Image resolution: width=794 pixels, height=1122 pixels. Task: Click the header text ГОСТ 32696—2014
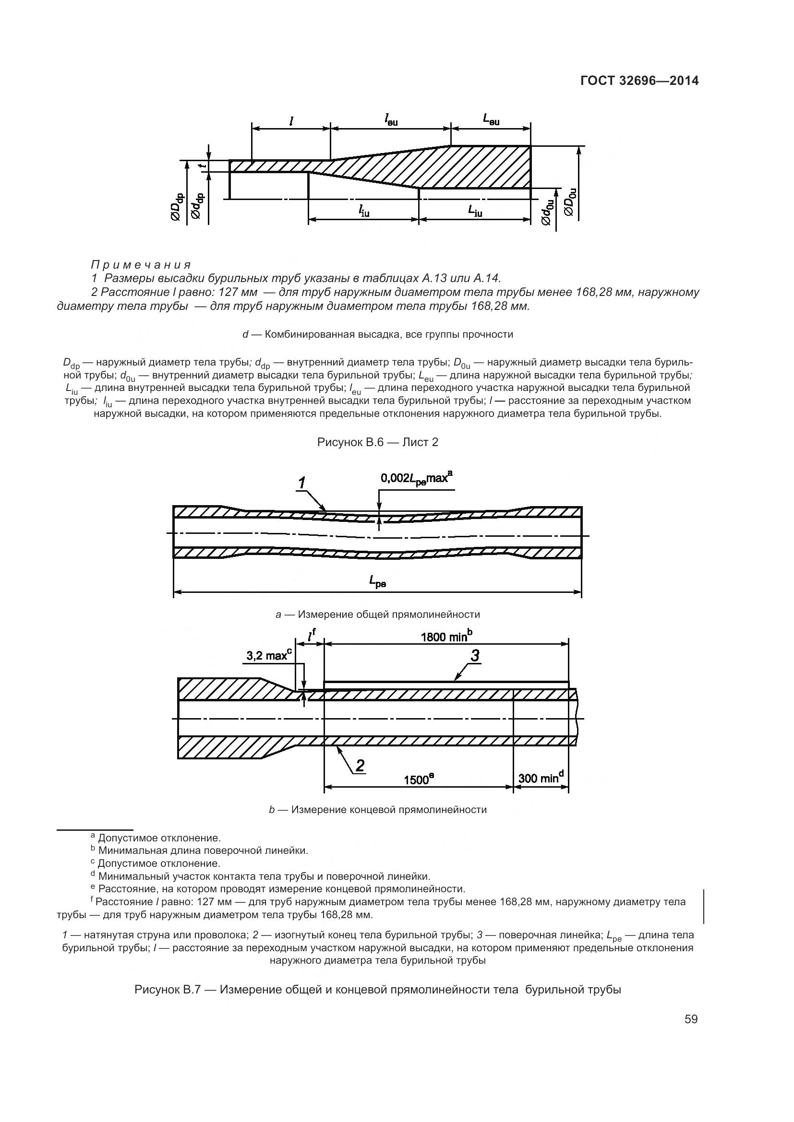[639, 81]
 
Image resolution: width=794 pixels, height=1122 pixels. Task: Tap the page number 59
[691, 1019]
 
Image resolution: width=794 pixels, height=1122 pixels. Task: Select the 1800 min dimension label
[446, 637]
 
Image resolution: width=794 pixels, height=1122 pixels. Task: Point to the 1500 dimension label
[419, 779]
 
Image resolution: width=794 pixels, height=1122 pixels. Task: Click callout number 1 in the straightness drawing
[302, 484]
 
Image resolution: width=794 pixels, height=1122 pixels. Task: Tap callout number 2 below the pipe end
[360, 765]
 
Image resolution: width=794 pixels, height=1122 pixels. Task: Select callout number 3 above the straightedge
[475, 656]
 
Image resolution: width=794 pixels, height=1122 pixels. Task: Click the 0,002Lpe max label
[416, 477]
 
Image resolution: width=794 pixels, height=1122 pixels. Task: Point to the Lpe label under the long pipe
[377, 581]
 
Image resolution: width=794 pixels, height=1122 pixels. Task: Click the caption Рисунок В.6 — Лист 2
[377, 442]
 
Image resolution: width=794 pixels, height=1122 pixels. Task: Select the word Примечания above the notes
[141, 265]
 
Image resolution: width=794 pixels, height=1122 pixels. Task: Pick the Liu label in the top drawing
[475, 211]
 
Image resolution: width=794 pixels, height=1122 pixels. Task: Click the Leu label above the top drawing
[491, 118]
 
